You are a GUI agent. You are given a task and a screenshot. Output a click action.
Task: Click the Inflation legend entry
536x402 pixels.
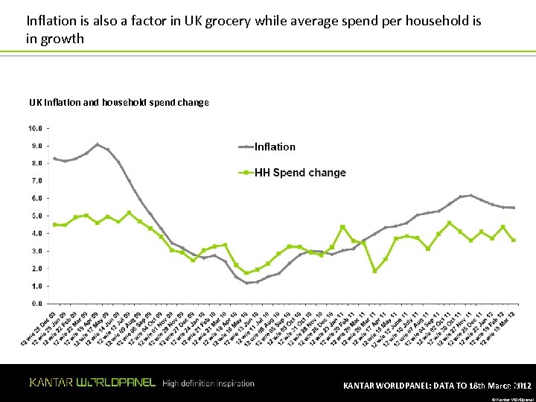point(275,147)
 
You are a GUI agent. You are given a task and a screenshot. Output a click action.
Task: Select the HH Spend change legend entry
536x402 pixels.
point(300,173)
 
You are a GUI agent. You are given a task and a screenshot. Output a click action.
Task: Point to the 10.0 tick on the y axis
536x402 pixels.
point(34,128)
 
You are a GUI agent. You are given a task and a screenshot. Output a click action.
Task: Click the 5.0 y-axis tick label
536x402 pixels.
point(34,216)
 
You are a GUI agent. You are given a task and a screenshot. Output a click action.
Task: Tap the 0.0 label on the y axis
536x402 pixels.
point(34,304)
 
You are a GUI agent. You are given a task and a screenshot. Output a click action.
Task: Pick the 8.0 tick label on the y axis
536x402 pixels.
point(34,163)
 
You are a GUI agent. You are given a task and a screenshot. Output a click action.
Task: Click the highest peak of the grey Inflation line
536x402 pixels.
point(98,144)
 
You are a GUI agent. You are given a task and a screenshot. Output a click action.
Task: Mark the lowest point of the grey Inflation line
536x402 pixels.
point(247,283)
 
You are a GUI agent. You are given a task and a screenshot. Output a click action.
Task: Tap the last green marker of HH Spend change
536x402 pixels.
point(514,240)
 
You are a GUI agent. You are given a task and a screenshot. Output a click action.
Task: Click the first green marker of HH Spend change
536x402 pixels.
point(54,224)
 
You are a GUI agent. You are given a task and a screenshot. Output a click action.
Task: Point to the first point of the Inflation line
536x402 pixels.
point(54,159)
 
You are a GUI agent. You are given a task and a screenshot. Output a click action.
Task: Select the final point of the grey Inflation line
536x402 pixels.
point(514,208)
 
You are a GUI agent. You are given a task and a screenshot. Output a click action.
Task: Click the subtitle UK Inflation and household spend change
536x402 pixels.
point(119,102)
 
